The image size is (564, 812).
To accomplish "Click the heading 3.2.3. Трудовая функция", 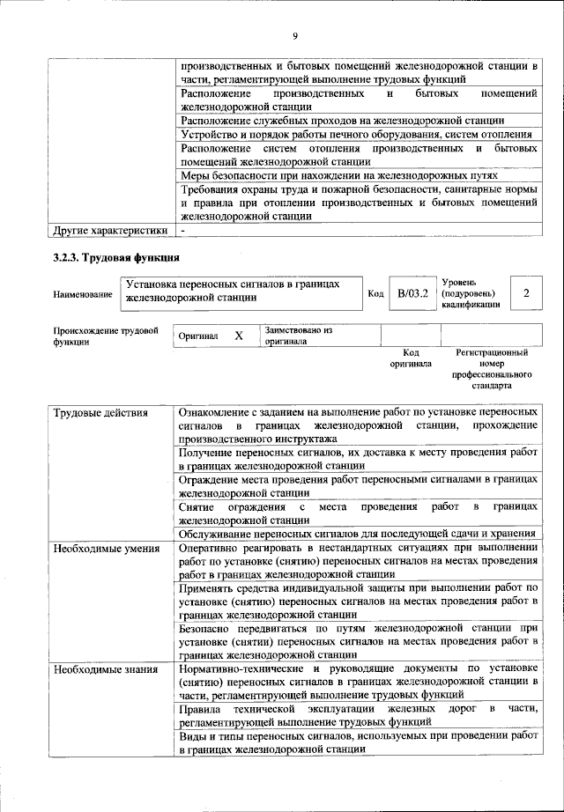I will pyautogui.click(x=112, y=258).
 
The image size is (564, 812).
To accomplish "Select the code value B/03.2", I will pyautogui.click(x=412, y=292).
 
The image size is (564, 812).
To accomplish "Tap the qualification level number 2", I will pyautogui.click(x=526, y=292).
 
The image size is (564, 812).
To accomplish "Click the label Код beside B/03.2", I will pyautogui.click(x=375, y=293).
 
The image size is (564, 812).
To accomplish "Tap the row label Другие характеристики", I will pyautogui.click(x=109, y=231).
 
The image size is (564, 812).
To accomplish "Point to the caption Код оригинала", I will pyautogui.click(x=411, y=358).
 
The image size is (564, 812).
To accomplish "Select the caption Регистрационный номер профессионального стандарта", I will pyautogui.click(x=491, y=369).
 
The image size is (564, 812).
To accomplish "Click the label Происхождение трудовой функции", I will pyautogui.click(x=106, y=336).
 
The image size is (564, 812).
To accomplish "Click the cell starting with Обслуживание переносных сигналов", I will pyautogui.click(x=357, y=533).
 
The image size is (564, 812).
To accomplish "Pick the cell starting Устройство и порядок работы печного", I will pyautogui.click(x=356, y=134).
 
